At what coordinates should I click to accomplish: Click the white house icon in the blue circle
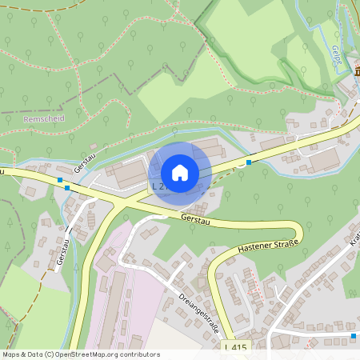click(180, 172)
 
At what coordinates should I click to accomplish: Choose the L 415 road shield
click(236, 347)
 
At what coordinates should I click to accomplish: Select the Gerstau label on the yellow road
click(196, 217)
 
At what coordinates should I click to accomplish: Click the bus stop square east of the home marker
click(249, 162)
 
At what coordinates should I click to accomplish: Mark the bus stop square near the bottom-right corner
click(354, 336)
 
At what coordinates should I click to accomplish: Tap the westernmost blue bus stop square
click(59, 180)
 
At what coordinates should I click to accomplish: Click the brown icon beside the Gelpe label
click(356, 70)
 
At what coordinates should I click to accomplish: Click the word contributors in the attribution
click(139, 354)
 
